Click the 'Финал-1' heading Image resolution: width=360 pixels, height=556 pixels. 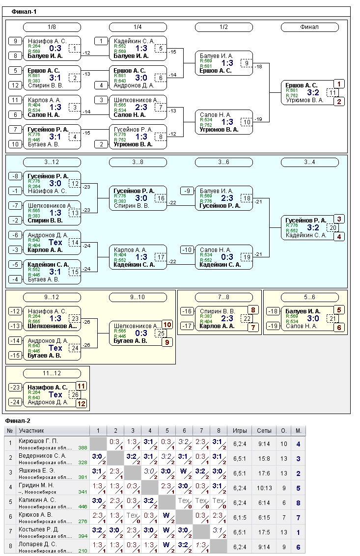[24, 11]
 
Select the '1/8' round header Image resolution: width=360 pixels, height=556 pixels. [52, 27]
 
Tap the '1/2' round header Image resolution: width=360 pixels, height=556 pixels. [223, 27]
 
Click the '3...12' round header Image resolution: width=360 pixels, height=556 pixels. [52, 162]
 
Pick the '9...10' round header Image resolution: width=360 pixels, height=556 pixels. [138, 297]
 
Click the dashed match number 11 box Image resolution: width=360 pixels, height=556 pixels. [332, 92]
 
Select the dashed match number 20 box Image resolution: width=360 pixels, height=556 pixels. [332, 227]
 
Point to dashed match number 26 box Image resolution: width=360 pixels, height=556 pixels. [75, 394]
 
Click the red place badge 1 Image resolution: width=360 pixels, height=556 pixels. [339, 84]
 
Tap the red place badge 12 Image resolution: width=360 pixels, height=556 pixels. [81, 403]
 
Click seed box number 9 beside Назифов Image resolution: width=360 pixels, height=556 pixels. [15, 41]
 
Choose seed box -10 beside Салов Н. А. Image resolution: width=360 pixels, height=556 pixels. [187, 250]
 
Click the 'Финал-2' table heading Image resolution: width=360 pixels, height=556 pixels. [18, 421]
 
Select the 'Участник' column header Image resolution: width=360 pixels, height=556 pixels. [31, 431]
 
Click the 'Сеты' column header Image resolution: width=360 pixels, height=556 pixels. [264, 431]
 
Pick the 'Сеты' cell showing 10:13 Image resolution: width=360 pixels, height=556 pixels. [264, 488]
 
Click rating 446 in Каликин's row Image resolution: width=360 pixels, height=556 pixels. [83, 506]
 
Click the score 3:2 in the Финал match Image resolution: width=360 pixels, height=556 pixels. [313, 92]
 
